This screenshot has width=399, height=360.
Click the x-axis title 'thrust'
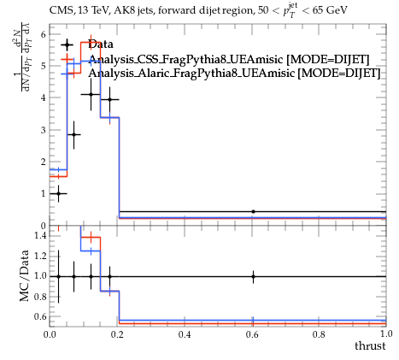tap(370, 345)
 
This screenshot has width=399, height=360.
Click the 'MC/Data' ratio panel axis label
tap(25, 275)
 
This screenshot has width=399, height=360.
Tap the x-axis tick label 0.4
tap(185, 333)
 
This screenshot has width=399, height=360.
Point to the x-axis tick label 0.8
tap(319, 333)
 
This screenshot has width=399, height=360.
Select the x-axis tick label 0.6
tap(252, 333)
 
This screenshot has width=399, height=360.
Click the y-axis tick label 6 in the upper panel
tap(43, 34)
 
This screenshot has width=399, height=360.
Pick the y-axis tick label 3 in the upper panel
tap(43, 130)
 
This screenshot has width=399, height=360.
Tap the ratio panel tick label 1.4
tap(40, 235)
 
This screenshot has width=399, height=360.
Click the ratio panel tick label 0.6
tap(40, 316)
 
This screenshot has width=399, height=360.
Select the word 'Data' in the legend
tap(101, 44)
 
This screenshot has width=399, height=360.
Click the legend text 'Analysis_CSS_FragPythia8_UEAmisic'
tap(185, 59)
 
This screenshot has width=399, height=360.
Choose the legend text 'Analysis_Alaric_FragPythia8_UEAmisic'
tap(191, 74)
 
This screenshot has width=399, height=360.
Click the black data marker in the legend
tap(67, 44)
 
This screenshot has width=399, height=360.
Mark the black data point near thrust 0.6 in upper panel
tap(253, 211)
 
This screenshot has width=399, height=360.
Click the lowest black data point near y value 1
tap(58, 193)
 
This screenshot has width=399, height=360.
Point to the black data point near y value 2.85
tap(73, 134)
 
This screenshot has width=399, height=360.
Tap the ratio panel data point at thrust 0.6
tap(253, 276)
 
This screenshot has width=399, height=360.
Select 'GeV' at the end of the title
tap(337, 10)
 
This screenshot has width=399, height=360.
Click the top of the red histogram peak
tap(91, 42)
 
